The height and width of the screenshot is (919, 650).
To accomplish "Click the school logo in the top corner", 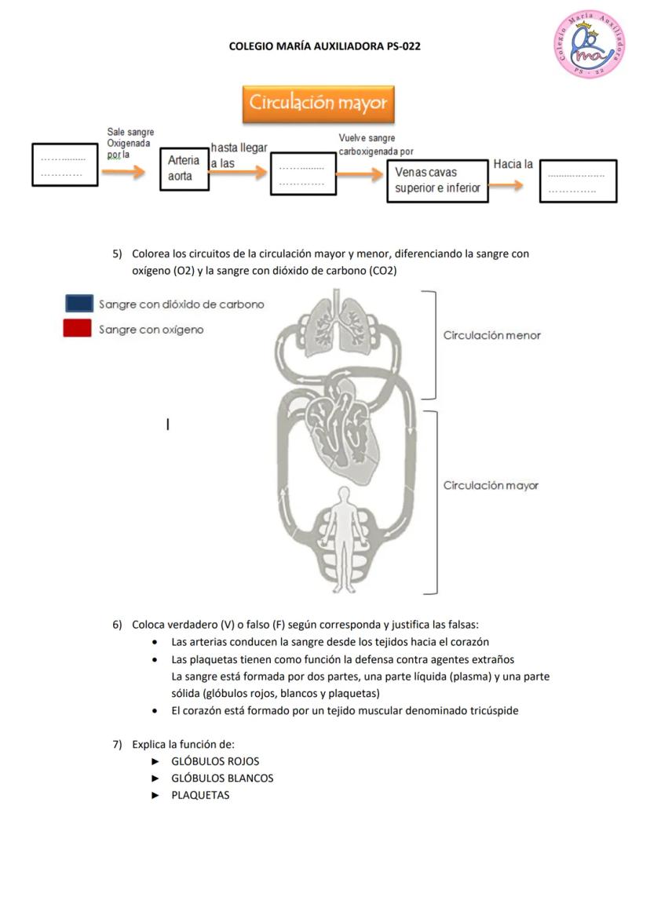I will tap(589, 44).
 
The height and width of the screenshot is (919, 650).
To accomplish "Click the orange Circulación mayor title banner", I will tap(318, 104).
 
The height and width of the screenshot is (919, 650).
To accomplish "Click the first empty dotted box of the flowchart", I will tap(64, 165).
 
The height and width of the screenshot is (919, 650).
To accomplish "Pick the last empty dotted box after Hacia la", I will tap(578, 181).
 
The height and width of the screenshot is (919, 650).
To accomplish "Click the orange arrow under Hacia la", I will tap(507, 185).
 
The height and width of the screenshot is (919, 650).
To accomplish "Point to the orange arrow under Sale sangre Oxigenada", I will tap(124, 173).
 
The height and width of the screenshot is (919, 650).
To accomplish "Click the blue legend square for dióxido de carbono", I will tap(79, 304).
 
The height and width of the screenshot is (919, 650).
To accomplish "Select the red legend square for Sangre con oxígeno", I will tap(77, 329).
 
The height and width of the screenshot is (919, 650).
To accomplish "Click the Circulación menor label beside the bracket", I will tap(491, 335).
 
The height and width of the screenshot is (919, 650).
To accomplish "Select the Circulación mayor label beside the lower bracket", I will tap(491, 485).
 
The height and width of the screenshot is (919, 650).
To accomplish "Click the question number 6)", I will tap(117, 625).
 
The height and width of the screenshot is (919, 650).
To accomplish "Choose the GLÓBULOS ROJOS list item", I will tap(215, 761).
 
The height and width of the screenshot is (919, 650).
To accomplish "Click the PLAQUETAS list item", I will tap(200, 795).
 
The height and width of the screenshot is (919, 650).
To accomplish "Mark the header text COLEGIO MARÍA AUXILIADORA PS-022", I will tap(324, 46).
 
